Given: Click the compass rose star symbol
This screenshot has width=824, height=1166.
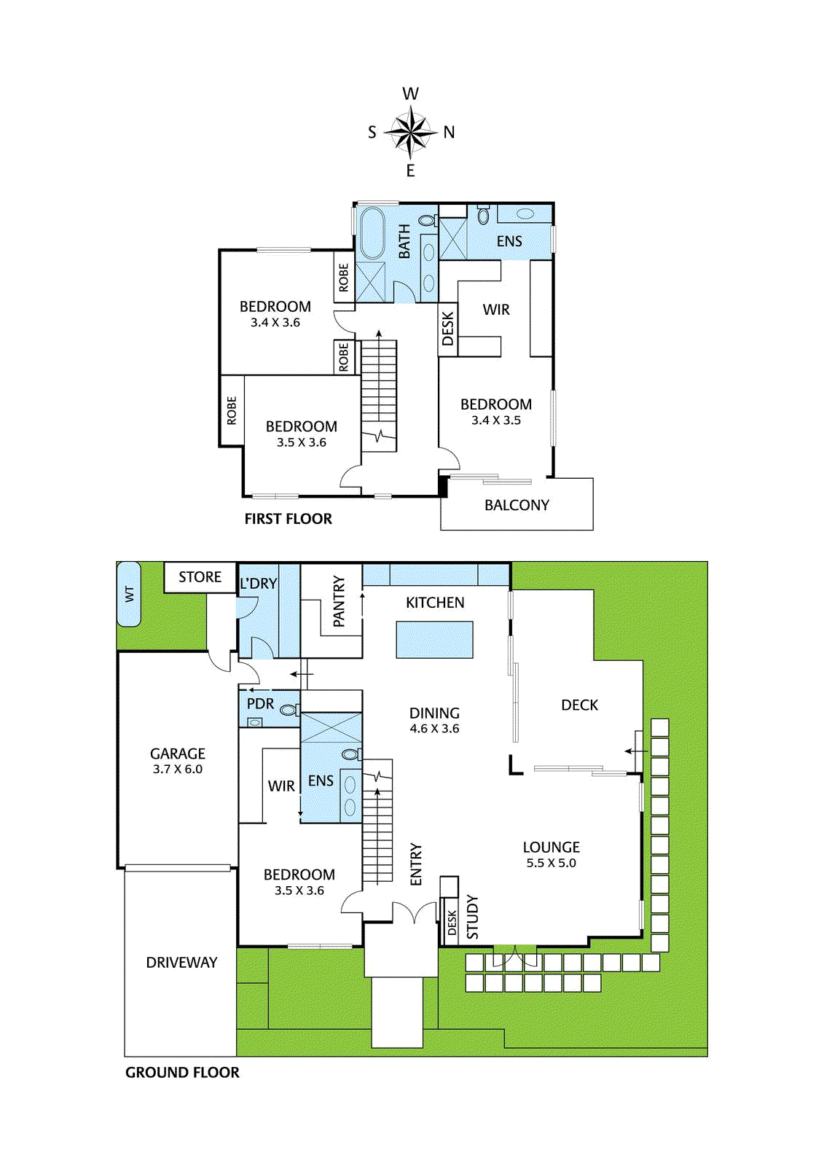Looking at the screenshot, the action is tap(411, 132).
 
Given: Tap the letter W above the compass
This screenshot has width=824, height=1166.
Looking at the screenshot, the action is tap(411, 94).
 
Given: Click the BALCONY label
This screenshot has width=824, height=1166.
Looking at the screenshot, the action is tap(517, 505).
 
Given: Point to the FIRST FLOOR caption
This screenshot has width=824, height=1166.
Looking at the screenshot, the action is tap(288, 519).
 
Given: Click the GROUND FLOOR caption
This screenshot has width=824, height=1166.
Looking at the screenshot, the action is tap(182, 1072).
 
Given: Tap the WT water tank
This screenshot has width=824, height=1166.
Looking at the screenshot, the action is tap(128, 594).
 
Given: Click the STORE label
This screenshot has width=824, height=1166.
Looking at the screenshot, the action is tap(200, 576).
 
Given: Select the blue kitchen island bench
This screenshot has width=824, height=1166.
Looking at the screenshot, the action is tap(435, 639).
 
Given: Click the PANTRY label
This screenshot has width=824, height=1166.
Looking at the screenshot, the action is tap(339, 601).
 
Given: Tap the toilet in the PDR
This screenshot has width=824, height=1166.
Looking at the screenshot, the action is tap(290, 710).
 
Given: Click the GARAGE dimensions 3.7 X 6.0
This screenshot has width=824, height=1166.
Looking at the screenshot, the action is tap(178, 769).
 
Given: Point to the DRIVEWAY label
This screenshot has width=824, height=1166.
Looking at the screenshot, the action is tap(181, 963).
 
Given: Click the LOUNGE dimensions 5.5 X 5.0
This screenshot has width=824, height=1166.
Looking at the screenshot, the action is tap(551, 863).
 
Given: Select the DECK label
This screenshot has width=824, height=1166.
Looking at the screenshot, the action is tap(579, 705).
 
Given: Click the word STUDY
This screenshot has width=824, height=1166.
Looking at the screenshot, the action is tap(472, 917).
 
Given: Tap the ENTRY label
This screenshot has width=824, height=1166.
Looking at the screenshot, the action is tap(416, 864).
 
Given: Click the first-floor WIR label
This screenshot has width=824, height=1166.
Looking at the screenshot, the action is tap(496, 310).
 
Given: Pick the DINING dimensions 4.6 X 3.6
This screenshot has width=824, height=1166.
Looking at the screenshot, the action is tap(434, 728).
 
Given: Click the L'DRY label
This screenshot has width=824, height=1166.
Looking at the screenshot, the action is tap(258, 584).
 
